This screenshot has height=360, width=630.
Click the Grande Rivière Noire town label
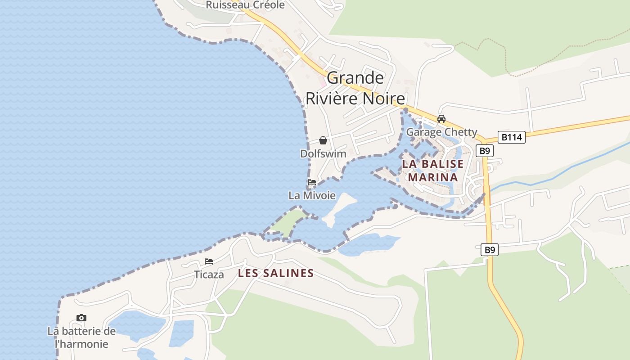click(355, 88)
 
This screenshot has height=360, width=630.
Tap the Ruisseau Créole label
click(245, 5)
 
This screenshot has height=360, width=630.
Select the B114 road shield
click(512, 137)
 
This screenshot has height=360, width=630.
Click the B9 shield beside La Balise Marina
click(484, 151)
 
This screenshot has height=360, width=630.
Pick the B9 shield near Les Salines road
click(490, 250)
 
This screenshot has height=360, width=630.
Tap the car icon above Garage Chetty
click(441, 119)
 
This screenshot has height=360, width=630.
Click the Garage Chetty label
click(441, 132)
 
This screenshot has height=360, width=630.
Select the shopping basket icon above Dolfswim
click(323, 141)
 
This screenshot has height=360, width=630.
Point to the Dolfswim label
click(323, 153)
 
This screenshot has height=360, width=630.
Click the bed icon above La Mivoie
click(311, 183)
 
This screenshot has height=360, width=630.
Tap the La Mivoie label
click(312, 195)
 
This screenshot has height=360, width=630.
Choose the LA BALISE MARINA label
click(432, 171)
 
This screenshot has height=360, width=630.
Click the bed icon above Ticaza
click(209, 261)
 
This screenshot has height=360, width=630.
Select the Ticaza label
click(209, 274)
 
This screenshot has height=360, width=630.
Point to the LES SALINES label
click(276, 273)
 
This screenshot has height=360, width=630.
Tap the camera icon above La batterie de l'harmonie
click(81, 318)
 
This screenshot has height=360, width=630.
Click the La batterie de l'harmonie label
click(81, 337)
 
